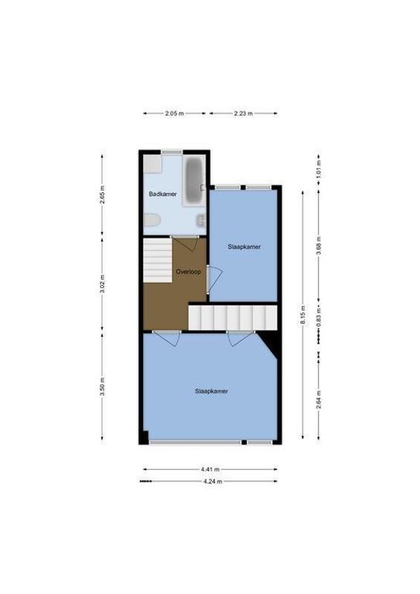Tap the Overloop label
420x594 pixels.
tap(188, 272)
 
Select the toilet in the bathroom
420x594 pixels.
tap(152, 221)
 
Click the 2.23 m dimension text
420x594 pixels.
tap(243, 114)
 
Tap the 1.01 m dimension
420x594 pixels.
tap(318, 169)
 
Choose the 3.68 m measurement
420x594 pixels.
tap(318, 249)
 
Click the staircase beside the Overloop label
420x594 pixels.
tap(157, 260)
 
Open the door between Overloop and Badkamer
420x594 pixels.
tap(186, 244)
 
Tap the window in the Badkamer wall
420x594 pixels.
tap(172, 152)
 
